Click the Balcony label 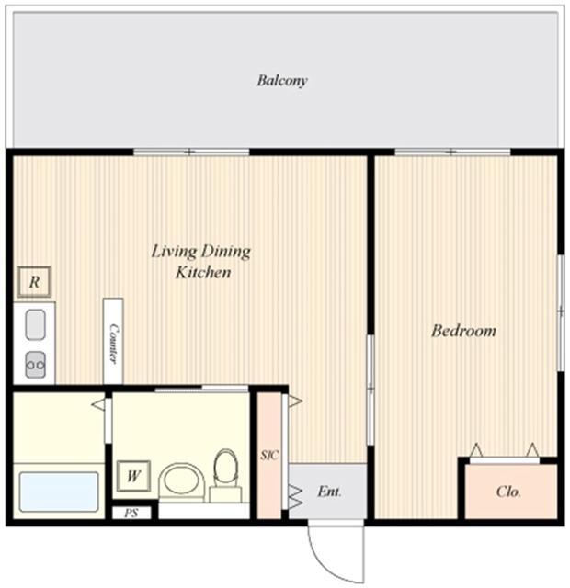point(281,81)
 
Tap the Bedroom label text point(464,331)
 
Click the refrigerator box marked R point(33,282)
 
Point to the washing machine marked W point(133,476)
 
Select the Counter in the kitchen point(114,341)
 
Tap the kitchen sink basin point(35,324)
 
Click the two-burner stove point(35,365)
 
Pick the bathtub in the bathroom point(59,492)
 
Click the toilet point(225,474)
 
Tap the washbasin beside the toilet point(181,481)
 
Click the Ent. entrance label point(329,492)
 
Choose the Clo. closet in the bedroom point(509,492)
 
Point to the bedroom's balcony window point(451,152)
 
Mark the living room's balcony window point(191,152)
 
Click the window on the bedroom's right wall point(560,312)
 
